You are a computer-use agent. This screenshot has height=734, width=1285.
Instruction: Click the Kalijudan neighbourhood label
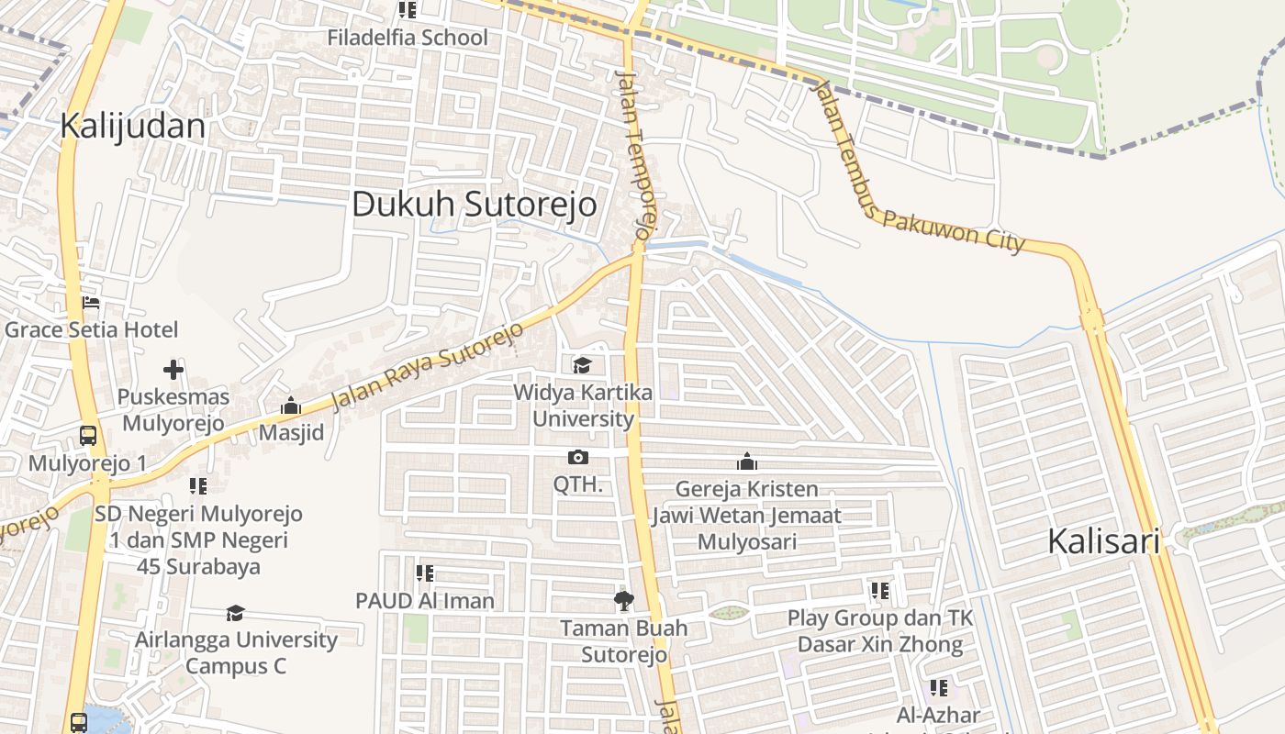tap(132, 126)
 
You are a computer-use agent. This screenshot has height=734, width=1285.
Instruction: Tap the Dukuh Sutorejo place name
tap(474, 204)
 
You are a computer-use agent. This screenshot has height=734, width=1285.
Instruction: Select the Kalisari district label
tap(1103, 541)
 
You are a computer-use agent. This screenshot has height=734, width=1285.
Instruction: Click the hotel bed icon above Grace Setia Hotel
tap(90, 303)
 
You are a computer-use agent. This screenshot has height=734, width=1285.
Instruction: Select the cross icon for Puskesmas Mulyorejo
tap(173, 371)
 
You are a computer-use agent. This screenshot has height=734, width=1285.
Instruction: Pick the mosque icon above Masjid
tap(291, 406)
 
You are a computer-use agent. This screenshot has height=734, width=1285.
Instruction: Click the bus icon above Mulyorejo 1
tap(88, 436)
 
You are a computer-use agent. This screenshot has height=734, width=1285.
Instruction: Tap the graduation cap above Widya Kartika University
tap(582, 366)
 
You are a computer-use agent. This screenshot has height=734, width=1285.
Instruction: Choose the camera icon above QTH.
tap(578, 457)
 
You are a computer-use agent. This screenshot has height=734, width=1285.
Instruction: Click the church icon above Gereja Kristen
tap(746, 462)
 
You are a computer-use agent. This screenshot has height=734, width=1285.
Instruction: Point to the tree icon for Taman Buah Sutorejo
tap(623, 601)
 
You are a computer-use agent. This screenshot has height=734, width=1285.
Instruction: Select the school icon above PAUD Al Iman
tap(424, 573)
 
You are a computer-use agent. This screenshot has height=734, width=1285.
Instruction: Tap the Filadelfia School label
tap(408, 38)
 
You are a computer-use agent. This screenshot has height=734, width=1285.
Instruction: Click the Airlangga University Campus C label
tap(236, 652)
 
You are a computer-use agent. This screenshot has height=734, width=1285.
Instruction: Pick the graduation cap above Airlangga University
tap(236, 613)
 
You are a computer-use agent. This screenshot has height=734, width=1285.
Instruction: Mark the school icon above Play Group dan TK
tap(879, 591)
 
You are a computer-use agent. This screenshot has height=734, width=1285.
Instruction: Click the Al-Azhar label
tap(939, 715)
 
